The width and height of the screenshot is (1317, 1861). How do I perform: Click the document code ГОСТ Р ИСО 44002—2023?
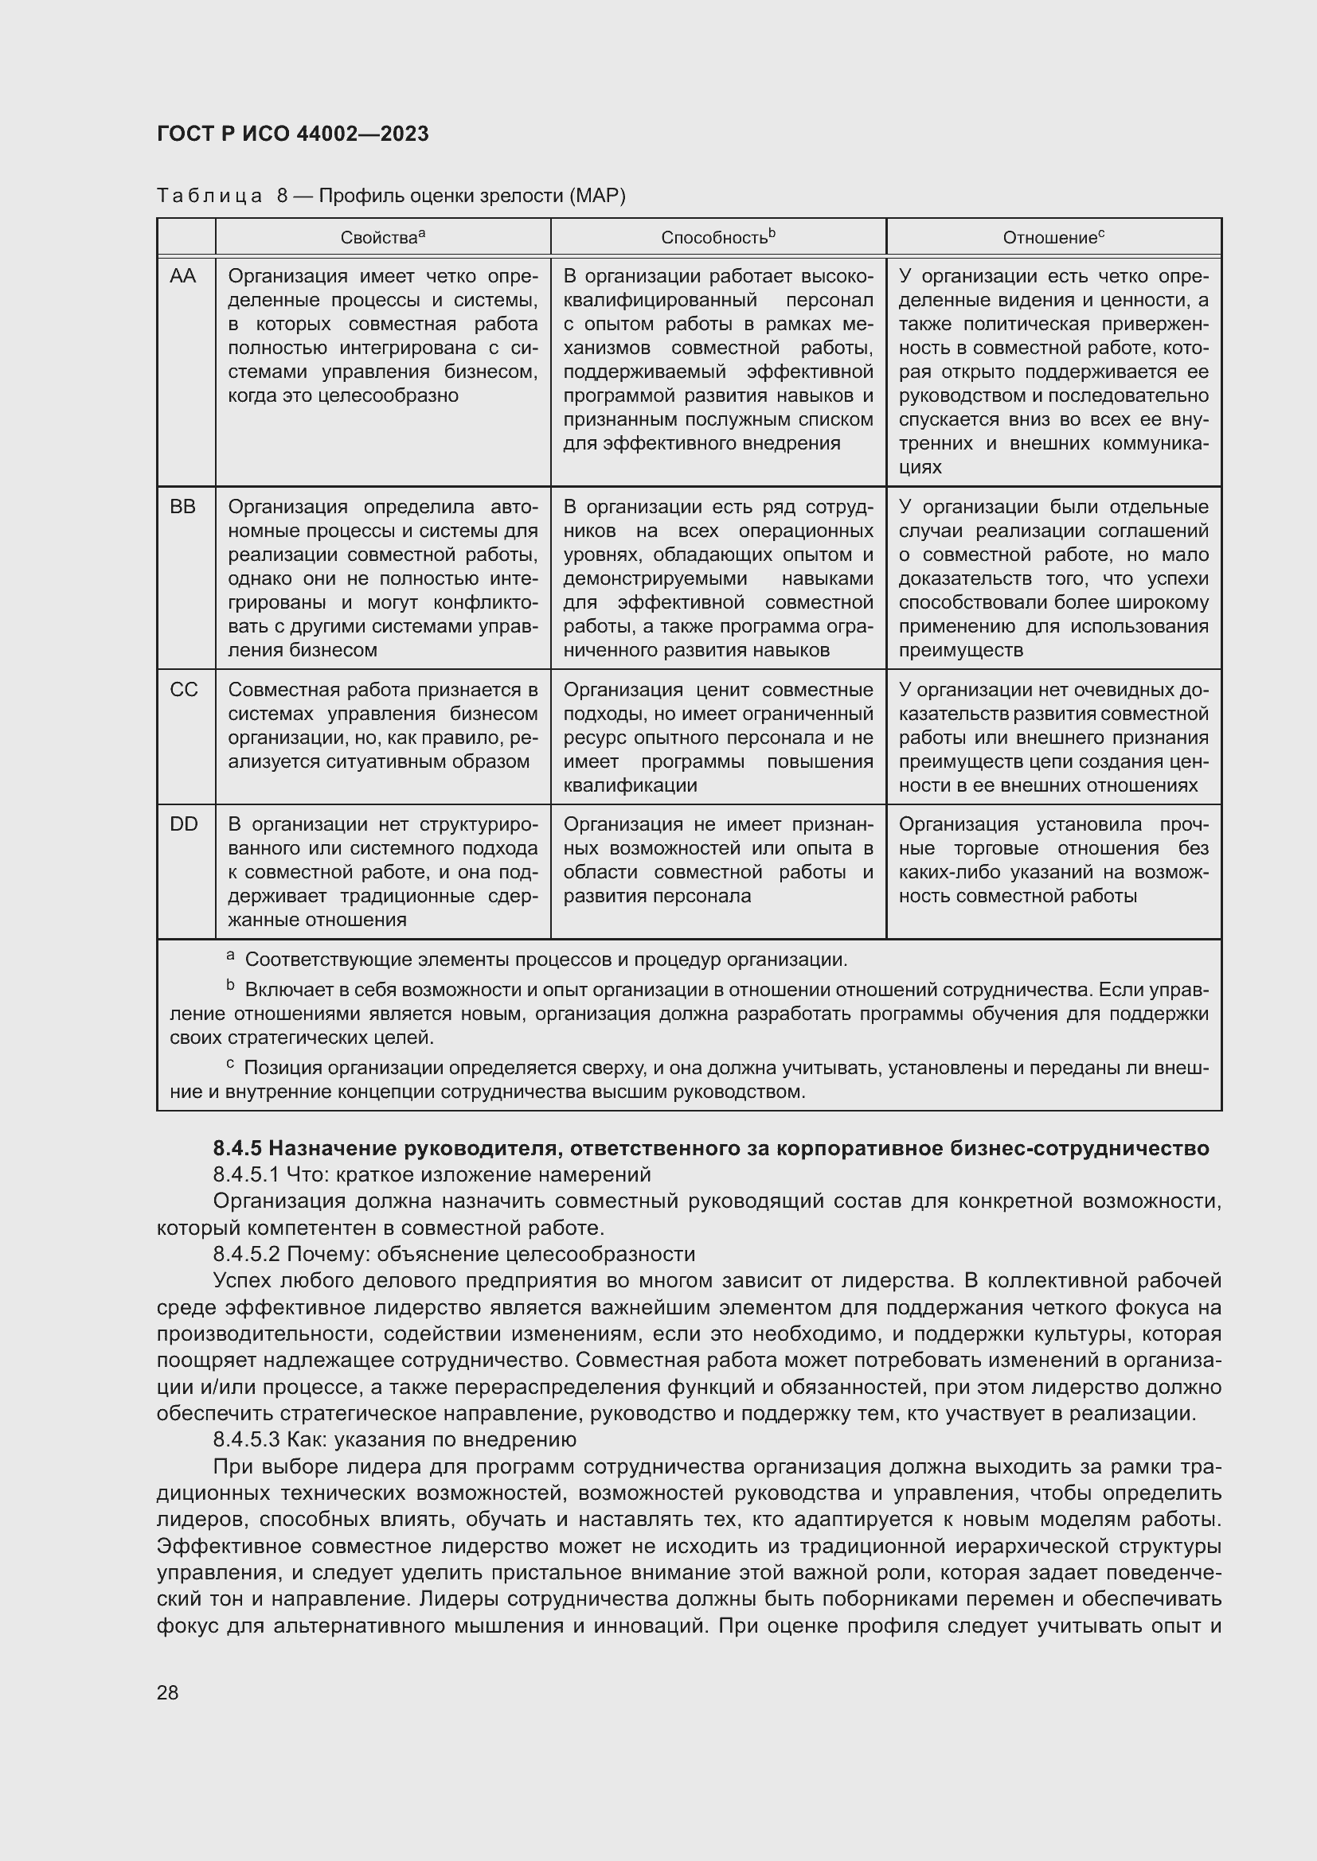(x=293, y=134)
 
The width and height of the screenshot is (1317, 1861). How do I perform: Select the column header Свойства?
(x=382, y=237)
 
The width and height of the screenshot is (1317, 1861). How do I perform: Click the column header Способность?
(x=717, y=237)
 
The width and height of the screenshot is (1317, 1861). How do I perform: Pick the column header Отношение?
(x=1053, y=237)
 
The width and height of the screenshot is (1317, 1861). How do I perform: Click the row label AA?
(x=183, y=276)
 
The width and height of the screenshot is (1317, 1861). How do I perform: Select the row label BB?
(x=183, y=507)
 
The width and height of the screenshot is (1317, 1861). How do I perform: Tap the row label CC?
(x=183, y=690)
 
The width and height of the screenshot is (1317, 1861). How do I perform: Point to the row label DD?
(x=183, y=824)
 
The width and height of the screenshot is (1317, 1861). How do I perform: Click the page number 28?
(x=168, y=1692)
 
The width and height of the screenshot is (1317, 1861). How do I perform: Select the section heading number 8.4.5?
(x=237, y=1149)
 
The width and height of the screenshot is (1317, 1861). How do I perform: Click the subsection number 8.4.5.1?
(x=247, y=1174)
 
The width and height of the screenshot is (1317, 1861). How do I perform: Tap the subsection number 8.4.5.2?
(x=247, y=1254)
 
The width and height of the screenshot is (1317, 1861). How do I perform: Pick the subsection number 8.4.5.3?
(x=247, y=1439)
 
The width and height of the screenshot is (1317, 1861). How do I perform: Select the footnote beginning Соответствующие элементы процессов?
(x=545, y=960)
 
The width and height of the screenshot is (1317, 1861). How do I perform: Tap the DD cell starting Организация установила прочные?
(x=1053, y=860)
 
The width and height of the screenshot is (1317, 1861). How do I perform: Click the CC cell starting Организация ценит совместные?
(x=717, y=737)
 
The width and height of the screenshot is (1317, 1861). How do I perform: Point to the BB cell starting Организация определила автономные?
(x=382, y=578)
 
